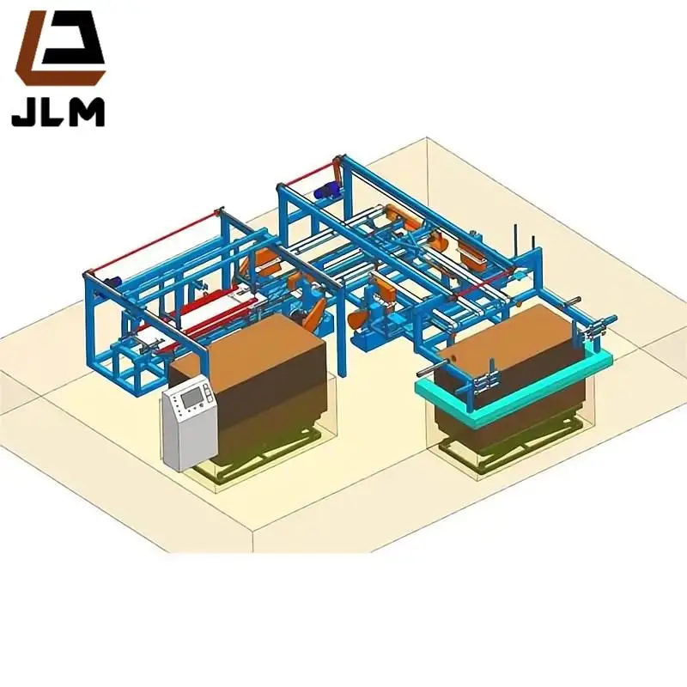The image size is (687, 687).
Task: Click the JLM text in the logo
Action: pos(58,112)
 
